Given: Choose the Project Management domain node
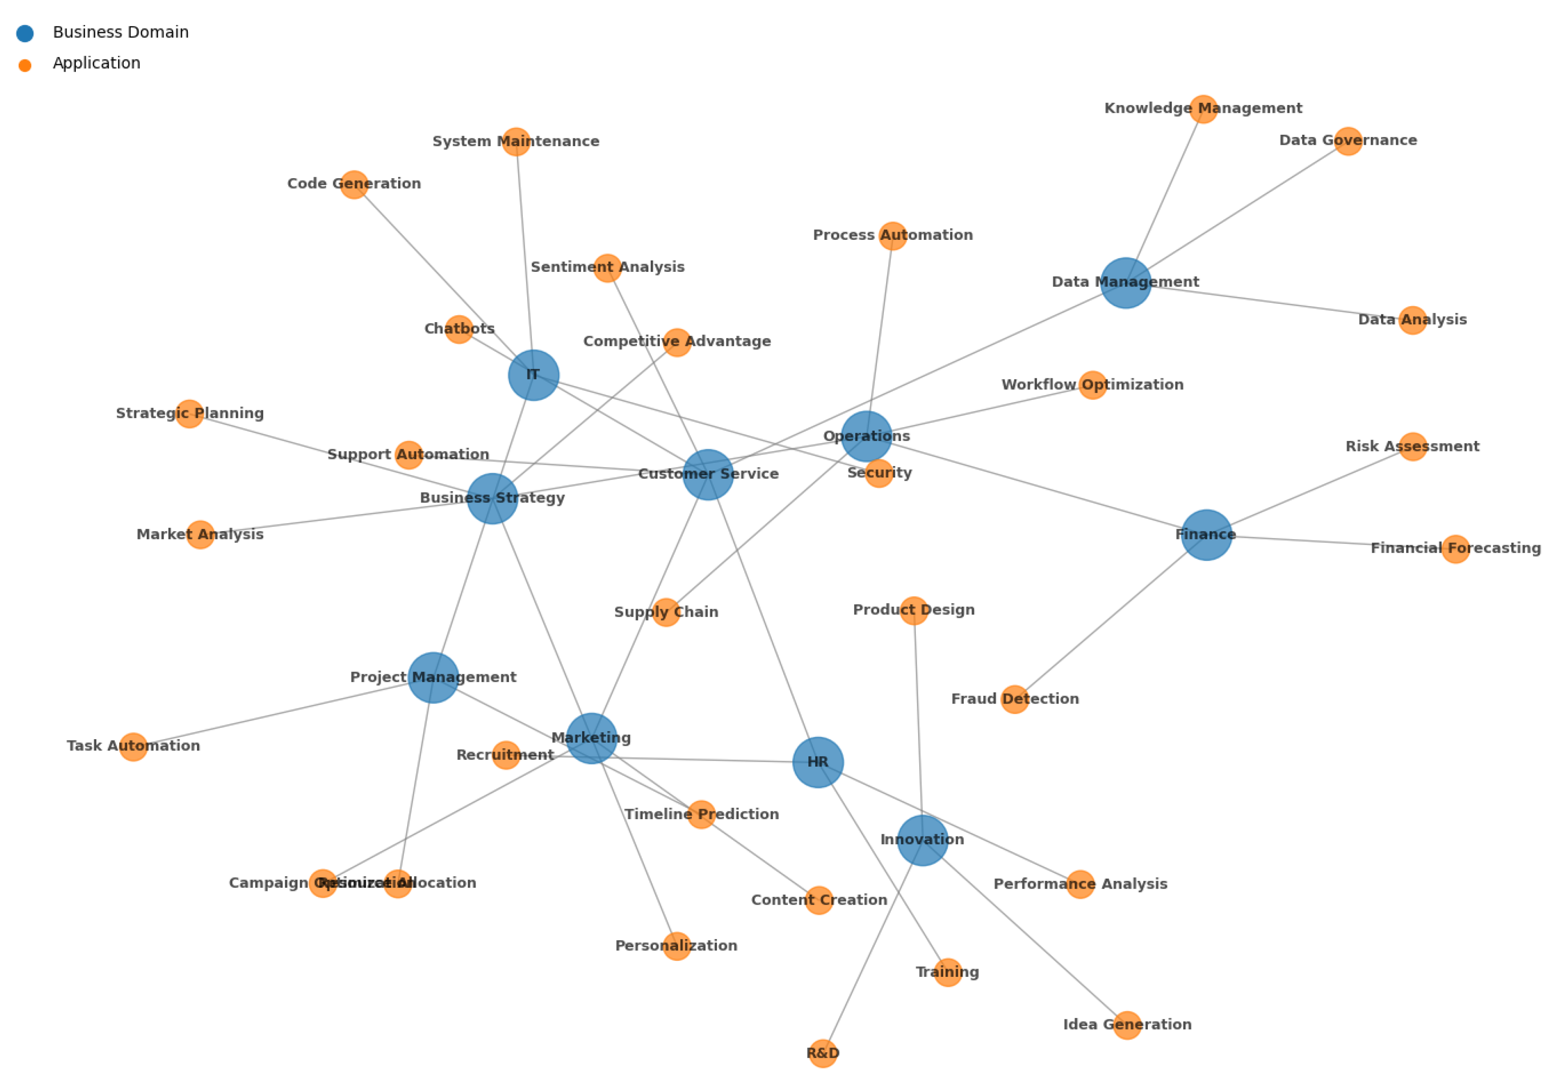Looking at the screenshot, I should (x=433, y=678).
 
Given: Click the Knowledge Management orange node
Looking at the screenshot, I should (x=1204, y=109).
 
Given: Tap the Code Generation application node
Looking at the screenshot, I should (x=354, y=184).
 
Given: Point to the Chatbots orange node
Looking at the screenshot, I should (x=459, y=329).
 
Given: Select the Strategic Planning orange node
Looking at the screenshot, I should (x=189, y=414).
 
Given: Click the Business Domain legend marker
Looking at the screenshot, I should (x=25, y=33).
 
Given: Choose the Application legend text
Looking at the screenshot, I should (x=96, y=64).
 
